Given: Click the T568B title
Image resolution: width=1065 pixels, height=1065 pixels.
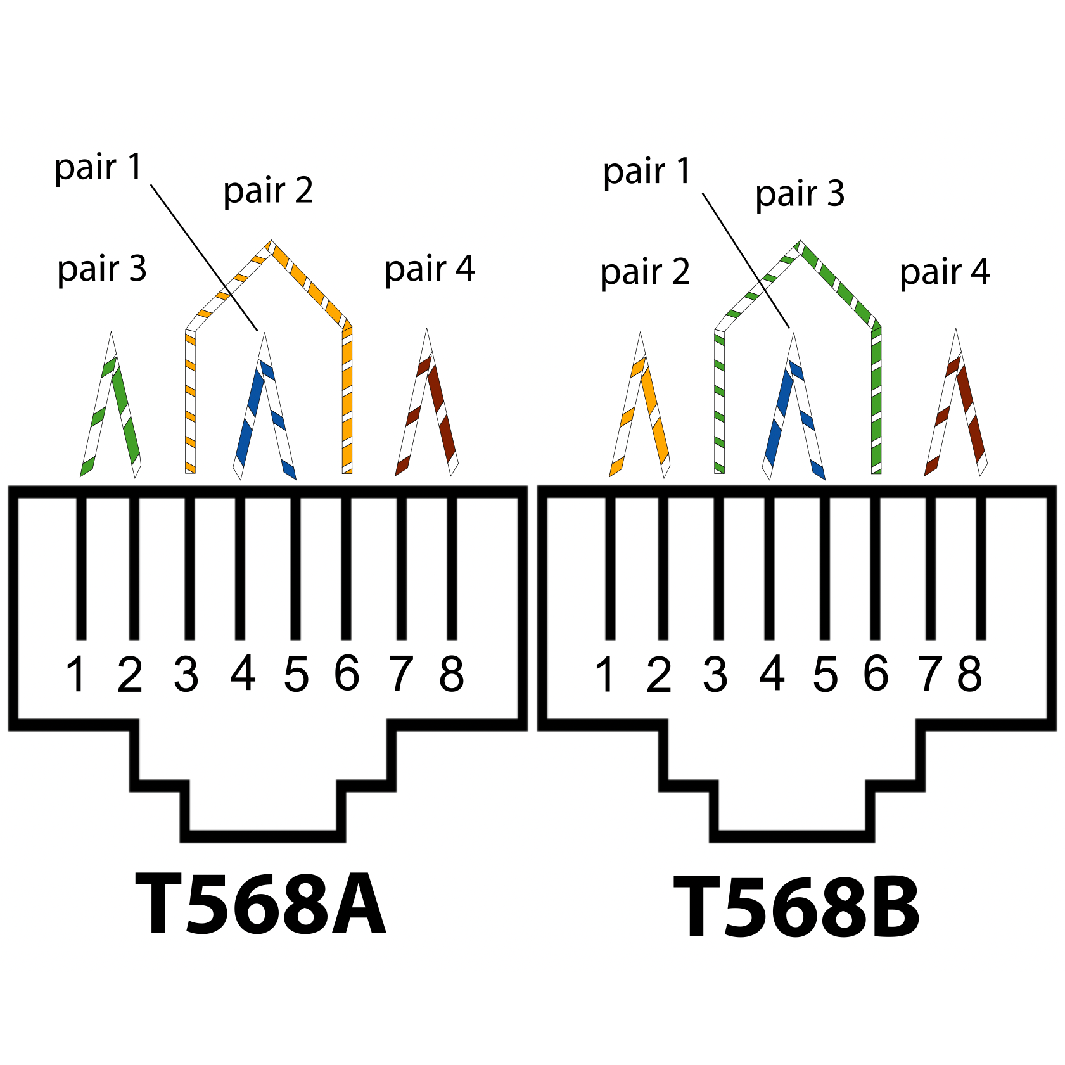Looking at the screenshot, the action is [796, 907].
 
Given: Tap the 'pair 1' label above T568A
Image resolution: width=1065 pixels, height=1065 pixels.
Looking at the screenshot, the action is [98, 169].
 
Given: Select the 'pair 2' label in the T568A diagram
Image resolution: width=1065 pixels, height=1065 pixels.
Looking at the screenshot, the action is [268, 191].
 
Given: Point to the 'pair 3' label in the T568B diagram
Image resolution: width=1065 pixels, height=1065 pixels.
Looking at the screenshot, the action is [800, 194].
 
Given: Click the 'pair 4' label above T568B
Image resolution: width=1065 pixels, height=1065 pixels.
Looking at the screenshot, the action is [945, 272].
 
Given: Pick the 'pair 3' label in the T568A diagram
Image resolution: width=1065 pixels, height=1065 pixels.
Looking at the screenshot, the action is [102, 269].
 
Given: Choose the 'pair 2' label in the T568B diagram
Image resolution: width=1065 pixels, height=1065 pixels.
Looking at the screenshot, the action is [645, 272].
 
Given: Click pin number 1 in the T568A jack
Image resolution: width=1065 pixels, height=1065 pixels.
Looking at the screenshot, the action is [76, 674].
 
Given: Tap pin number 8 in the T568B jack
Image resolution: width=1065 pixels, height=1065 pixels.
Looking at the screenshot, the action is [969, 674].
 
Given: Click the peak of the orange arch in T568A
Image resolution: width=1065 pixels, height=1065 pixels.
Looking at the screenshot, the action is [271, 241].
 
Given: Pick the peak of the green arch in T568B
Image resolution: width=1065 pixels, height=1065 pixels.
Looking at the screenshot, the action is [800, 241].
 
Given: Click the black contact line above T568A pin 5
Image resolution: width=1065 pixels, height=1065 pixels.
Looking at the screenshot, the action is [295, 568].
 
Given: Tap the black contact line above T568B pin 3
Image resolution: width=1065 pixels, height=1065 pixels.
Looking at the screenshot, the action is [718, 568].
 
